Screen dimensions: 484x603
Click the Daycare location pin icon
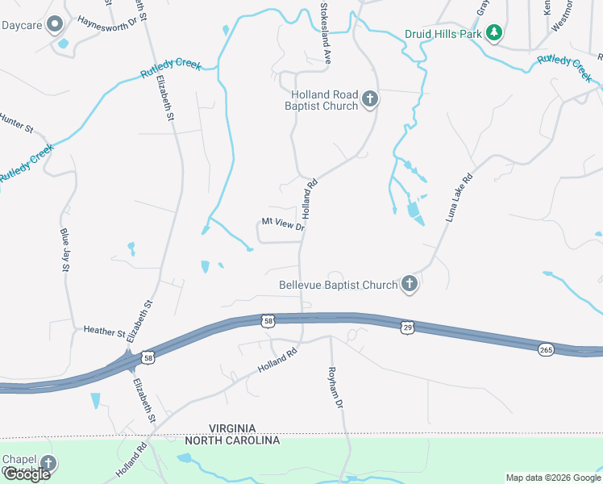coord(55,25)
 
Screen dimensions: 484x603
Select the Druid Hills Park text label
coord(443,34)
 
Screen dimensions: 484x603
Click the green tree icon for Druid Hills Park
coord(494,34)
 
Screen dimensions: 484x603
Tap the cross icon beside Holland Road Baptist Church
coord(370,99)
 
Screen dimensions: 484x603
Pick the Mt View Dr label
coord(281,223)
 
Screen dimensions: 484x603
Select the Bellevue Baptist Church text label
coord(339,285)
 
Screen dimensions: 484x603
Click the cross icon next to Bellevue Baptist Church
coord(410,284)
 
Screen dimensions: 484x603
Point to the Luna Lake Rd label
coord(457,198)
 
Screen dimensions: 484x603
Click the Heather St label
coord(105,331)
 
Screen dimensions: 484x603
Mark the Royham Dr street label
coord(336,386)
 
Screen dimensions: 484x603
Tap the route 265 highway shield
coord(547,348)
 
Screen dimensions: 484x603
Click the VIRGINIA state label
coord(232,428)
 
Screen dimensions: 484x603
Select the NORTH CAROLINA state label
coord(232,440)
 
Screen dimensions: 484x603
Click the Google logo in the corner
coord(27,474)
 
